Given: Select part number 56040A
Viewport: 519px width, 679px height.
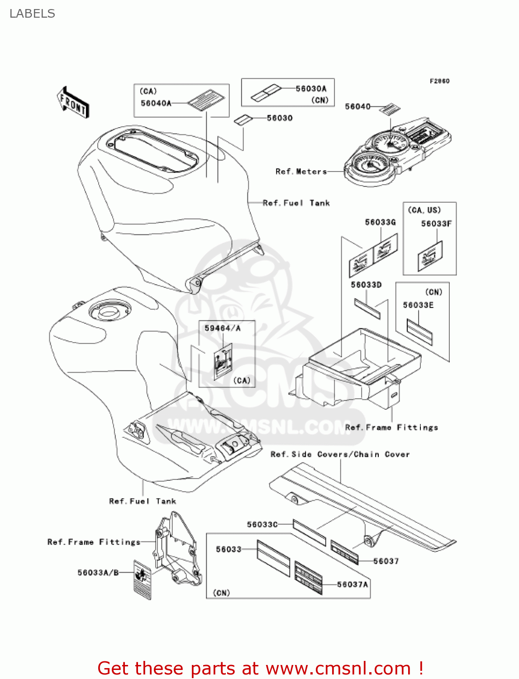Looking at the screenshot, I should click(x=156, y=103).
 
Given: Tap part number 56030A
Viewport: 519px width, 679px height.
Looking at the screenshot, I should click(x=311, y=89).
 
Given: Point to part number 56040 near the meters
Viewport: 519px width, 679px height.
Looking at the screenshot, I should click(x=357, y=106).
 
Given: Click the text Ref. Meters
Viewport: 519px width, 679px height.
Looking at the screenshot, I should click(x=301, y=172).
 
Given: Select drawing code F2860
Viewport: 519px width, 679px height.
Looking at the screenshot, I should click(x=439, y=81).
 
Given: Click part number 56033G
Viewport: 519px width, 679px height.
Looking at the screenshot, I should click(x=380, y=222).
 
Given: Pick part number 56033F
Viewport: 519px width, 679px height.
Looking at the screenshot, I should click(x=436, y=224).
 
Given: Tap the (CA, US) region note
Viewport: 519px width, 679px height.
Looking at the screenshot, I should click(x=424, y=210).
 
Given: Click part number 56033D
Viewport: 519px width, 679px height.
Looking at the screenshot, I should click(x=366, y=285).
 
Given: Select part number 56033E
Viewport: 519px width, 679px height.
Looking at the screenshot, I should click(x=418, y=305).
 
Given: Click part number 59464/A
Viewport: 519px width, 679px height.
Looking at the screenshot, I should click(x=222, y=328).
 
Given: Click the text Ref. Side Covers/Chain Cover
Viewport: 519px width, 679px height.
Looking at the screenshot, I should click(x=340, y=454).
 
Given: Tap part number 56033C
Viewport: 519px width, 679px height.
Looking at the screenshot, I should click(x=262, y=524).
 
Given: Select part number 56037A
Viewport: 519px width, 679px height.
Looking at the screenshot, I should click(x=352, y=584).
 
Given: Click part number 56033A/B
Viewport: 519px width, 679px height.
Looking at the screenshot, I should click(x=98, y=573).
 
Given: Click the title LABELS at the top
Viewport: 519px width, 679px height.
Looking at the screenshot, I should click(x=32, y=14).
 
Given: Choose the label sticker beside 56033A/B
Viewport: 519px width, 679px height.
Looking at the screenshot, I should click(x=142, y=579).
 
